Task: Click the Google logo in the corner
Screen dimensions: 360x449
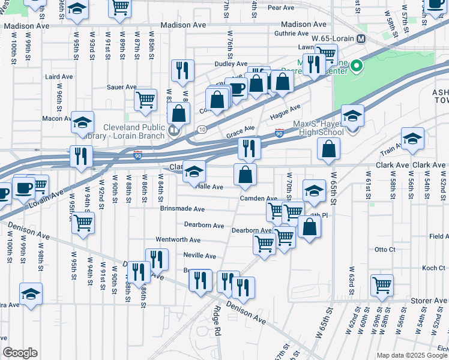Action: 20,353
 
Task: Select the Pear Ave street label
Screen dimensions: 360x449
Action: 280,8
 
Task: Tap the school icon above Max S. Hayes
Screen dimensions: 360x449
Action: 352,116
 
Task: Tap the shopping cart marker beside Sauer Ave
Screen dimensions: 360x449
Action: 145,100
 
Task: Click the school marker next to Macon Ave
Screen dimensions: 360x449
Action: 83,122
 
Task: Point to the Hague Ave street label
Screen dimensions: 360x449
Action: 285,111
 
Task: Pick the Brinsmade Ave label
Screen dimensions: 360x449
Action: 182,209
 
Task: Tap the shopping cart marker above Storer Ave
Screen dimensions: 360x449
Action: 382,286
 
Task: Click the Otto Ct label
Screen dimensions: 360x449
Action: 385,249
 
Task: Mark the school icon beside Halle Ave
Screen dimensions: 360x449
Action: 194,172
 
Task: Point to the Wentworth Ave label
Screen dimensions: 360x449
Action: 178,240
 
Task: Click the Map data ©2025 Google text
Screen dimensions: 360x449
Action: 411,355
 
